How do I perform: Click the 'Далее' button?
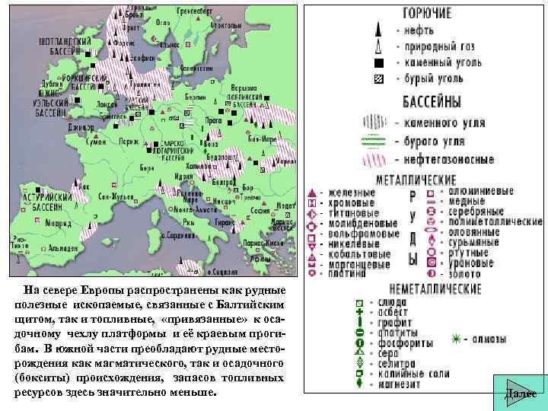pos(520,392)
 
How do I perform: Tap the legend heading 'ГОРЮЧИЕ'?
pos(425,13)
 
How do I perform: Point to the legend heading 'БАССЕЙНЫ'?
pos(425,102)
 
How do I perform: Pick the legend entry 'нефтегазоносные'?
pos(451,160)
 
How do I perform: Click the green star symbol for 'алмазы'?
pos(457,339)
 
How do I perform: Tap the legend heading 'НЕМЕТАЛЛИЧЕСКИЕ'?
pos(435,289)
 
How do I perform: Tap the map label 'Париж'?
pos(129,141)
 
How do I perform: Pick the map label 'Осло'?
pos(162,23)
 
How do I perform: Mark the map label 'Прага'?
pos(213,120)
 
